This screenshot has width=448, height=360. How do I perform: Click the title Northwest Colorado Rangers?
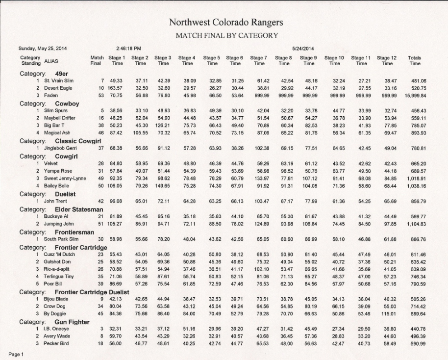pyautogui.click(x=226, y=23)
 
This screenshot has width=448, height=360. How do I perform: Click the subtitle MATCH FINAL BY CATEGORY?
pyautogui.click(x=226, y=35)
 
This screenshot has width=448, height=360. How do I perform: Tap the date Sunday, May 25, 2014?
pyautogui.click(x=43, y=49)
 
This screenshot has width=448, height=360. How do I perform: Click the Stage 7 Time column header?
pyautogui.click(x=259, y=61)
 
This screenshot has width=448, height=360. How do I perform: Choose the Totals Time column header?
pyautogui.click(x=415, y=61)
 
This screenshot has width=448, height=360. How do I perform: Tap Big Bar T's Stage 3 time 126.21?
pyautogui.click(x=163, y=126)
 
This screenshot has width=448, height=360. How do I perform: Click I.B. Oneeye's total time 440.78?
pyautogui.click(x=417, y=329)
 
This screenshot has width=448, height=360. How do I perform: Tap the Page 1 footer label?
pyautogui.click(x=16, y=354)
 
